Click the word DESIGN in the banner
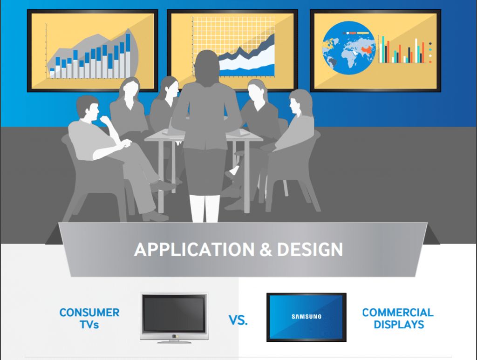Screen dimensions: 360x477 [310, 249]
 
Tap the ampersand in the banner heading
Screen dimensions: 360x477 [265, 249]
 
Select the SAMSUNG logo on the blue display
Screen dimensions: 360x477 [306, 317]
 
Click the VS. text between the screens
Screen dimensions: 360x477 [238, 320]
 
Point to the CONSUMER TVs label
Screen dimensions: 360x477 [89, 318]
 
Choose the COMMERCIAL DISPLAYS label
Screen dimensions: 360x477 [397, 318]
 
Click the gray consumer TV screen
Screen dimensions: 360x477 [174, 314]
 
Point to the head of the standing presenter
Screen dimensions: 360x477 [206, 65]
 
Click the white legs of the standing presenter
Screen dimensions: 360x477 [204, 207]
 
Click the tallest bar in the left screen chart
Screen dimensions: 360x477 [128, 54]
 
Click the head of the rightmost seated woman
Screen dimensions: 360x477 [299, 102]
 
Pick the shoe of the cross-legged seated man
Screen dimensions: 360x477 [155, 216]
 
